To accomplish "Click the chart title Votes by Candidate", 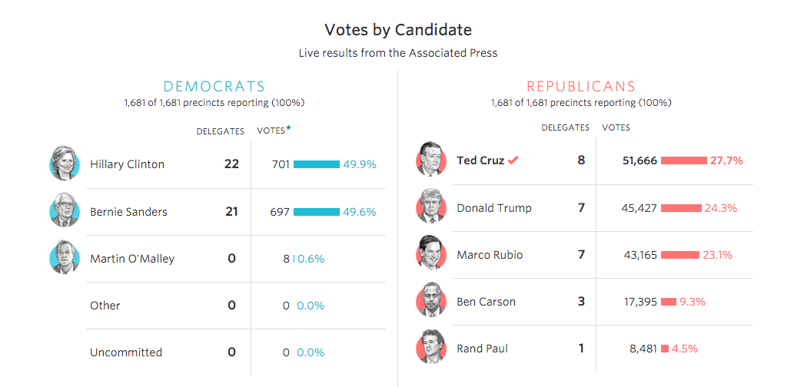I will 397,30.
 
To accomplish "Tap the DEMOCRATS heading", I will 214,87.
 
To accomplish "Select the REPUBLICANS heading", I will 581,87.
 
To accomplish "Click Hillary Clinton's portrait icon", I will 64,164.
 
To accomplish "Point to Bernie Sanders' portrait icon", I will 64,211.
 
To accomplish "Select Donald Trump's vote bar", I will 681,208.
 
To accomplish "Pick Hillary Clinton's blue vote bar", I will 316,164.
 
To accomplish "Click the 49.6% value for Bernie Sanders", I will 360,212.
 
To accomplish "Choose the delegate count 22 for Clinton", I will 231,164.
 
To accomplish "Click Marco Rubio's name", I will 490,255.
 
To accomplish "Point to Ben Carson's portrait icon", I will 430,301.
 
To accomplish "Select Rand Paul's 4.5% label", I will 685,349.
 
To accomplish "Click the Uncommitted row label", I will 126,352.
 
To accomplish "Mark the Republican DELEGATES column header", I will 565,127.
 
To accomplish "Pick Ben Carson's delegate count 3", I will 581,301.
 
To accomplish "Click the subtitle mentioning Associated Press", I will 397,53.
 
